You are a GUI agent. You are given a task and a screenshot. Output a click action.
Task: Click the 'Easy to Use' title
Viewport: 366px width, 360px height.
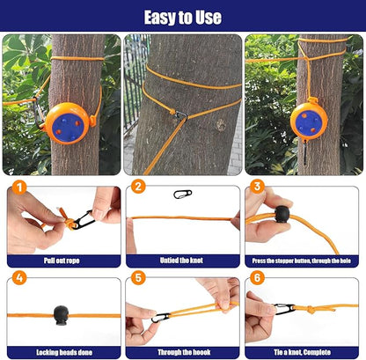183,17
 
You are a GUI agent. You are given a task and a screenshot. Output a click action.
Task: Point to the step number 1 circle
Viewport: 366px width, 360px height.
18,187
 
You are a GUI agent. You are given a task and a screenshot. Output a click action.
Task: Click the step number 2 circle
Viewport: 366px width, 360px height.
138,187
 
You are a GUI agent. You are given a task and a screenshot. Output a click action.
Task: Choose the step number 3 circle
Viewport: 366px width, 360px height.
257,187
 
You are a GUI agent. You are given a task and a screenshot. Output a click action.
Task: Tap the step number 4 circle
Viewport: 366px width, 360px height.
18,279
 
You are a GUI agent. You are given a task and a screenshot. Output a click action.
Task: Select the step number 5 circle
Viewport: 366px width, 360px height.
138,279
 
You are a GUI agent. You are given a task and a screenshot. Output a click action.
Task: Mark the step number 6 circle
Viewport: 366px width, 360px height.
257,279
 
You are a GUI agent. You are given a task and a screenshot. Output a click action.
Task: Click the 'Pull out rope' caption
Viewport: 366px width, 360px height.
62,261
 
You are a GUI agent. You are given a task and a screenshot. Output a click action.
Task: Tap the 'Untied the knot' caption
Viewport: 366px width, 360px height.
182,261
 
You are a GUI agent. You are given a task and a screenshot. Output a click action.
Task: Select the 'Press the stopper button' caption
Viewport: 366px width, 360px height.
302,261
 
